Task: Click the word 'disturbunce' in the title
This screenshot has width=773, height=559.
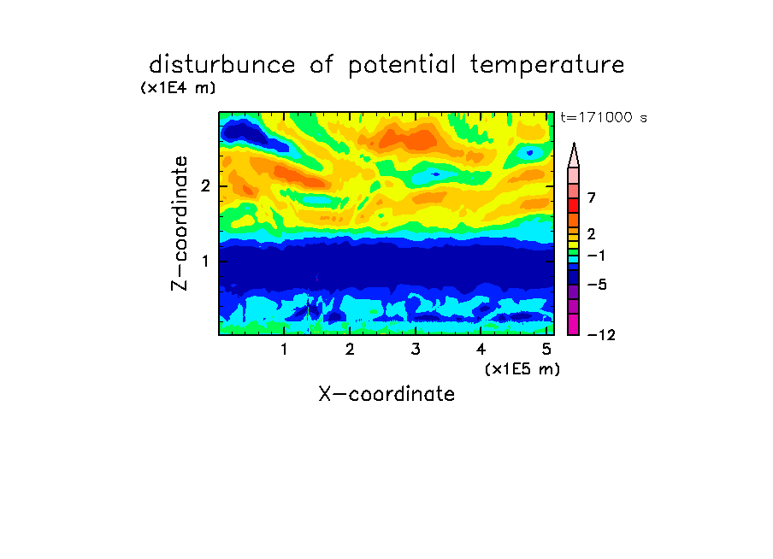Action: (221, 65)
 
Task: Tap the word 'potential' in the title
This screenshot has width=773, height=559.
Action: (402, 66)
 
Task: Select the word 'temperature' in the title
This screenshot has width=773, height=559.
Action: (547, 66)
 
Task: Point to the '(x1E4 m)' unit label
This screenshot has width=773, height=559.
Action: (178, 88)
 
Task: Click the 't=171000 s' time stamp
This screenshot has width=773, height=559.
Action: (604, 117)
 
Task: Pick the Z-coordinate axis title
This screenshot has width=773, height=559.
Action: (180, 223)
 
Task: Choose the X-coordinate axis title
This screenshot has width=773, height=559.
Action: (386, 394)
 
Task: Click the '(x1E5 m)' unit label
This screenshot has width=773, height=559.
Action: (522, 369)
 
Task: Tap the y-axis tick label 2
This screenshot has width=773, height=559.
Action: (205, 186)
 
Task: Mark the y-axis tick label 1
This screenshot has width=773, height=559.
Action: (205, 261)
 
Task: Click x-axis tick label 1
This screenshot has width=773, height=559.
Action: (285, 349)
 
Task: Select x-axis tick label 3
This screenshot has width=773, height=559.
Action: (416, 349)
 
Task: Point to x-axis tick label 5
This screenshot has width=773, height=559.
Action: (546, 349)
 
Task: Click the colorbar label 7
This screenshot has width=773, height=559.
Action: (592, 197)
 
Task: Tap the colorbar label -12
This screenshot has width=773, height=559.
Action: (601, 335)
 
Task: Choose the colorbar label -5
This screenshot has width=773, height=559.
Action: (597, 285)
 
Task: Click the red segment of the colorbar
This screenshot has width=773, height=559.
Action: (574, 205)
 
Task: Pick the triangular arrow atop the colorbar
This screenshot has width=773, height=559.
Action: (574, 156)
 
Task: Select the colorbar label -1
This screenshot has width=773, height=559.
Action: (596, 256)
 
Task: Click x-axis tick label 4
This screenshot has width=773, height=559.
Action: (481, 349)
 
